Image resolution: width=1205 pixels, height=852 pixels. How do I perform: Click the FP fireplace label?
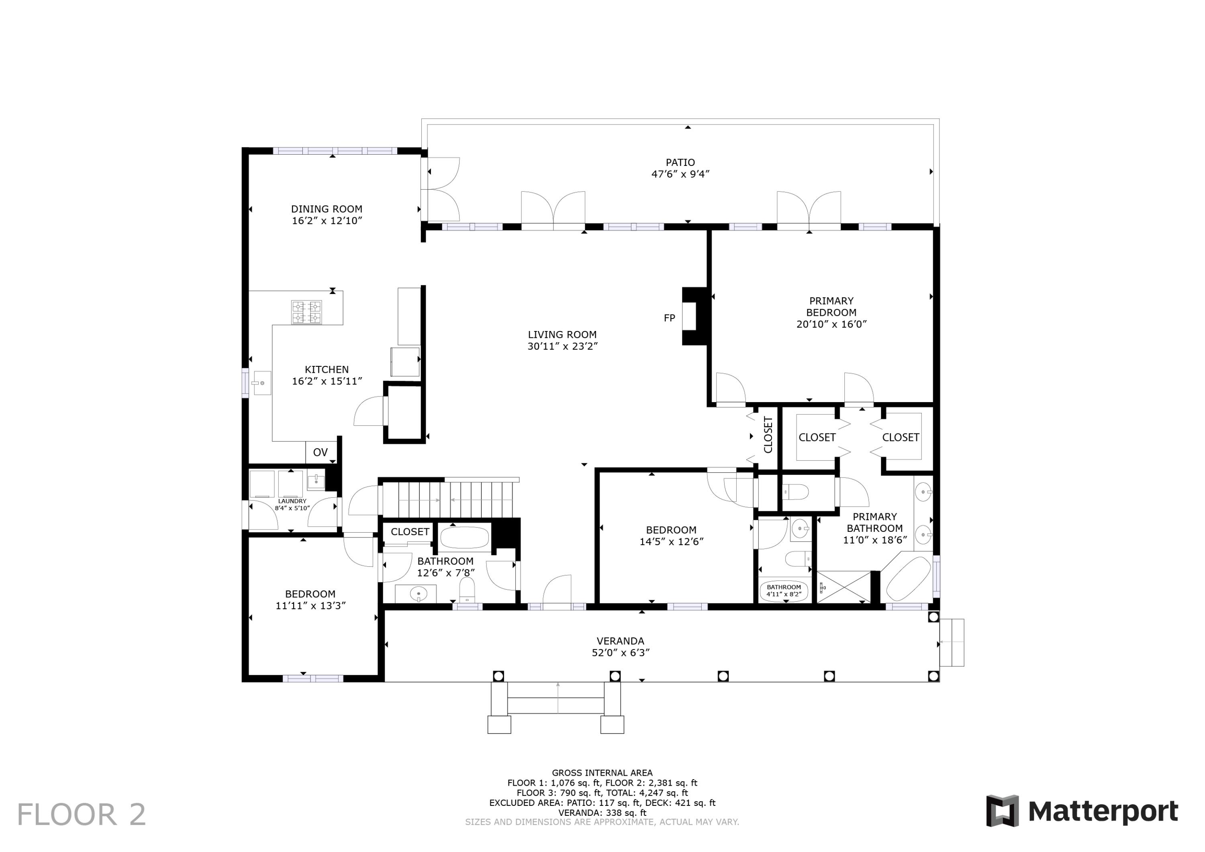point(669,318)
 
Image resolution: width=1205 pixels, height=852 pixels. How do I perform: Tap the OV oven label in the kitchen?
point(320,452)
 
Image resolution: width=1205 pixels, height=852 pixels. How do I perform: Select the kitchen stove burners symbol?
point(306,313)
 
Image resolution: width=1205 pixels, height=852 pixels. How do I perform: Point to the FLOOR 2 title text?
point(82,815)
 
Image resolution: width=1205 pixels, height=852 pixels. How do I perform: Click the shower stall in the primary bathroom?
point(844,587)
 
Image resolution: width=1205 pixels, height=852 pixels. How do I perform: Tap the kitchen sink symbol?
point(261,383)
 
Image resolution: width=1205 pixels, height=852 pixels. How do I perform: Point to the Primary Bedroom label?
point(831,306)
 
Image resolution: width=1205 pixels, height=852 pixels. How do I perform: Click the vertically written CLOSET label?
point(768,435)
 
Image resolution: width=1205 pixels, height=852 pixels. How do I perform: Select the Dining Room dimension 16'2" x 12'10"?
point(327,221)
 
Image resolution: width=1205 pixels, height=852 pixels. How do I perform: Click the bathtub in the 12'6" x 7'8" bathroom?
point(464,537)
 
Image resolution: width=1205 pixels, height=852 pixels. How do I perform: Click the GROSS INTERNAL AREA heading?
point(602,773)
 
